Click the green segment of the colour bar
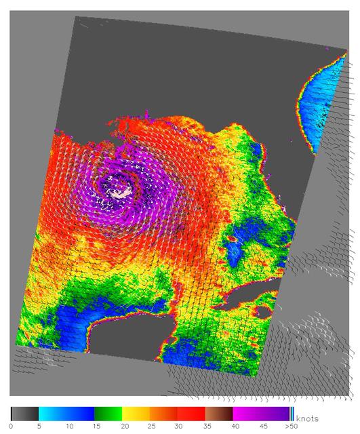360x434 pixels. click(x=108, y=413)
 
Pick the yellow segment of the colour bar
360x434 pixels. click(x=136, y=413)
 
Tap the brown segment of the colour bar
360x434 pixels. click(x=219, y=413)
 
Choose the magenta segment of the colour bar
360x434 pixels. click(x=247, y=413)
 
